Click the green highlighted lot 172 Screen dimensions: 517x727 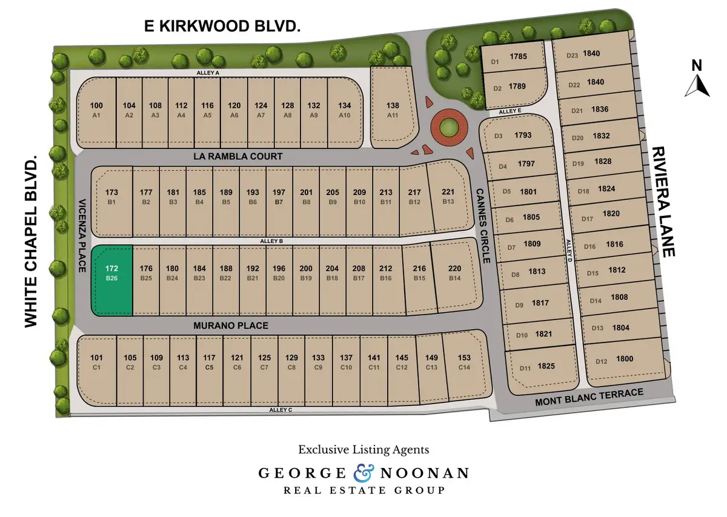[111, 280]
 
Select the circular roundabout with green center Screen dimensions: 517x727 [449, 127]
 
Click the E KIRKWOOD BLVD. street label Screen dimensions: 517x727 [222, 26]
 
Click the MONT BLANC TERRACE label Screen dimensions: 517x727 [589, 398]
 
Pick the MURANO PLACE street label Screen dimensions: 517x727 [231, 326]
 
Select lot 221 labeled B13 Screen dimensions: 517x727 [448, 196]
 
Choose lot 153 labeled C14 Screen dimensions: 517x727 [464, 362]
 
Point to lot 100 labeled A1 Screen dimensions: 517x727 [96, 109]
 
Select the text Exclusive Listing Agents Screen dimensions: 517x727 [363, 450]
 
